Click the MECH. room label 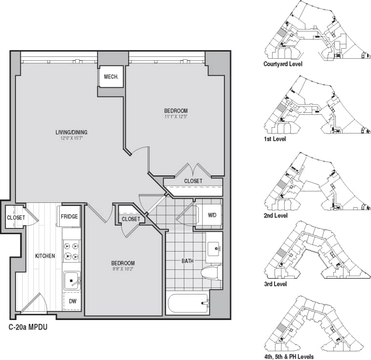coord(111,77)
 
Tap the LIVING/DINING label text coord(71,133)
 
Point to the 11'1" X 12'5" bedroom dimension coord(176,117)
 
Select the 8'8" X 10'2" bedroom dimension coord(123,269)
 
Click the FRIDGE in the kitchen coord(69,217)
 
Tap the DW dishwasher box coord(72,301)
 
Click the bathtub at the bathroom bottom coord(187,304)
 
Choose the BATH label coord(188,261)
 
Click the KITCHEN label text coord(45,255)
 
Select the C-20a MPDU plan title coord(27,327)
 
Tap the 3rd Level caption coord(275,284)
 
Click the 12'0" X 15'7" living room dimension coord(71,139)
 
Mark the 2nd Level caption coord(275,215)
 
